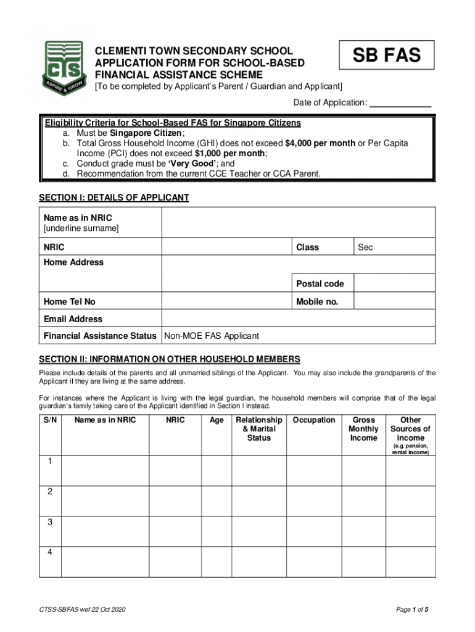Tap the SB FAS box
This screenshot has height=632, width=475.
pyautogui.click(x=387, y=55)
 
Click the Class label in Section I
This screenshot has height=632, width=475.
pyautogui.click(x=307, y=247)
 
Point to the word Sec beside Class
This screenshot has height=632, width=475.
pyautogui.click(x=366, y=247)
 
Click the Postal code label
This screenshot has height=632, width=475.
pyautogui.click(x=320, y=284)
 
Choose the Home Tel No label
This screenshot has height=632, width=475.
pyautogui.click(x=70, y=302)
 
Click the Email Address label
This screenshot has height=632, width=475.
pyautogui.click(x=73, y=319)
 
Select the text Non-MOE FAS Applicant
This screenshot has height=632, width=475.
pyautogui.click(x=212, y=336)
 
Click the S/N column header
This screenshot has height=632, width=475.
pyautogui.click(x=51, y=420)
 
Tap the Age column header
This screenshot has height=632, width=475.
pyautogui.click(x=217, y=420)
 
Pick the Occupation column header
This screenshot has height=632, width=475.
pyautogui.click(x=314, y=420)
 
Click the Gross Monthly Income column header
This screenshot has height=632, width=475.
pyautogui.click(x=363, y=429)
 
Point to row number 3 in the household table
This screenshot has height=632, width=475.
pyautogui.click(x=50, y=522)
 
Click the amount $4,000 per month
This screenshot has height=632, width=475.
pyautogui.click(x=320, y=143)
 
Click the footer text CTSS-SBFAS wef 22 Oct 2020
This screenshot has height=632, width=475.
pyautogui.click(x=82, y=610)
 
